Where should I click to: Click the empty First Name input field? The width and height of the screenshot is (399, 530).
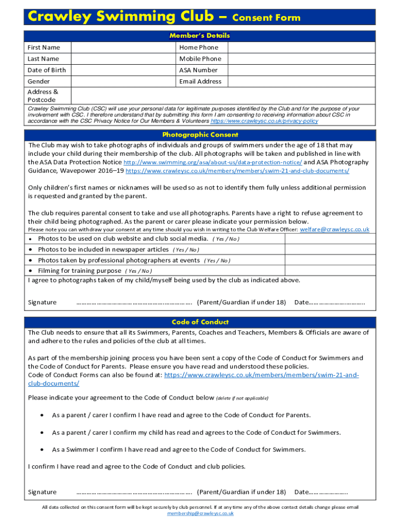pyautogui.click(x=123, y=48)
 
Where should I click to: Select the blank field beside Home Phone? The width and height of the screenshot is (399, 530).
pyautogui.click(x=302, y=48)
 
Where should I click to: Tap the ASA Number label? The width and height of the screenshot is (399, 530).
pyautogui.click(x=198, y=70)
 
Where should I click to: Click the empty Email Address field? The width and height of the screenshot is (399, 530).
pyautogui.click(x=302, y=82)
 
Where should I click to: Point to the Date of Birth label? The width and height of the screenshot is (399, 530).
pyautogui.click(x=47, y=70)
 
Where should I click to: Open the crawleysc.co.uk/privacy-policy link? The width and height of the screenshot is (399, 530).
pyautogui.click(x=264, y=121)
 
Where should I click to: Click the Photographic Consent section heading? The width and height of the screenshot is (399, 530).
pyautogui.click(x=199, y=135)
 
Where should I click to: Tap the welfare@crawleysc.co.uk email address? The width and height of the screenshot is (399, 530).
pyautogui.click(x=335, y=229)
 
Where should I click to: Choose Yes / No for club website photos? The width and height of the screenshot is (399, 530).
pyautogui.click(x=226, y=239)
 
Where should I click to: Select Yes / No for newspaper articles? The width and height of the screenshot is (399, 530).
pyautogui.click(x=186, y=250)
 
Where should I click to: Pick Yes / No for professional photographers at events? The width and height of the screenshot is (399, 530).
pyautogui.click(x=217, y=261)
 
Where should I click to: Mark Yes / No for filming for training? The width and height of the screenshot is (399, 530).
pyautogui.click(x=138, y=271)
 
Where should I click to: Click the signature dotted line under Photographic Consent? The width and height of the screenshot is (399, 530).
pyautogui.click(x=134, y=303)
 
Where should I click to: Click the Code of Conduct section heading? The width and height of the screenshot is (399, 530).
pyautogui.click(x=199, y=322)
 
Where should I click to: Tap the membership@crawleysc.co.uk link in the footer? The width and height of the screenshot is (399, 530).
pyautogui.click(x=200, y=514)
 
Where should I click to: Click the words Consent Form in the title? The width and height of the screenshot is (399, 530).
pyautogui.click(x=266, y=18)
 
